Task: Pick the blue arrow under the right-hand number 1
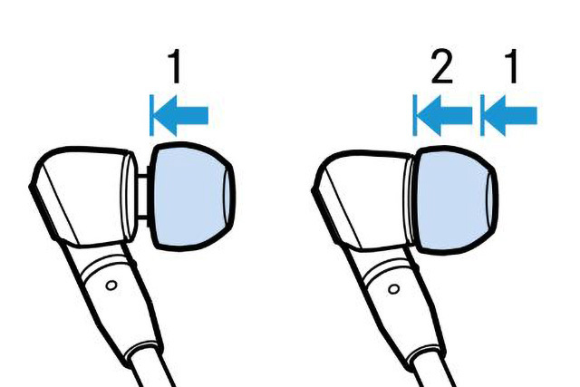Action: coord(510,115)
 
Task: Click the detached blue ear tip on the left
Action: coord(191,196)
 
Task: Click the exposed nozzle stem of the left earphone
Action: coord(142,197)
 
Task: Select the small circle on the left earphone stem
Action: coord(111,285)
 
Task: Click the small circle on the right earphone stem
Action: coord(394,288)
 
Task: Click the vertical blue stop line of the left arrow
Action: coord(151,115)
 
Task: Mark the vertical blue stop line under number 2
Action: coord(415,115)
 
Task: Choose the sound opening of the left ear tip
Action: coord(229,196)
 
